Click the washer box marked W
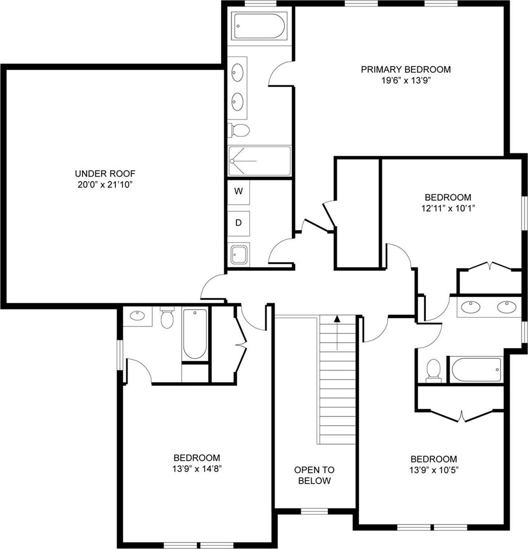tap(239, 191)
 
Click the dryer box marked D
tap(239, 223)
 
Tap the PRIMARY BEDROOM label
tap(406, 70)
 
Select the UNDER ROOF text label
tap(105, 174)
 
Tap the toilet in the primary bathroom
tap(240, 130)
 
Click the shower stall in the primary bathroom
tap(260, 161)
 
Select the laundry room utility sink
tap(240, 255)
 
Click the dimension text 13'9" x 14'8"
tap(197, 468)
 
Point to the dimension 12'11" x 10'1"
tap(448, 208)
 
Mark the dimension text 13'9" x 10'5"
tap(433, 470)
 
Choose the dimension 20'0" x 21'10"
tap(105, 185)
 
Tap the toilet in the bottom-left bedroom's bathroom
tap(166, 319)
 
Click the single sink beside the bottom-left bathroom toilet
tap(138, 316)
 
